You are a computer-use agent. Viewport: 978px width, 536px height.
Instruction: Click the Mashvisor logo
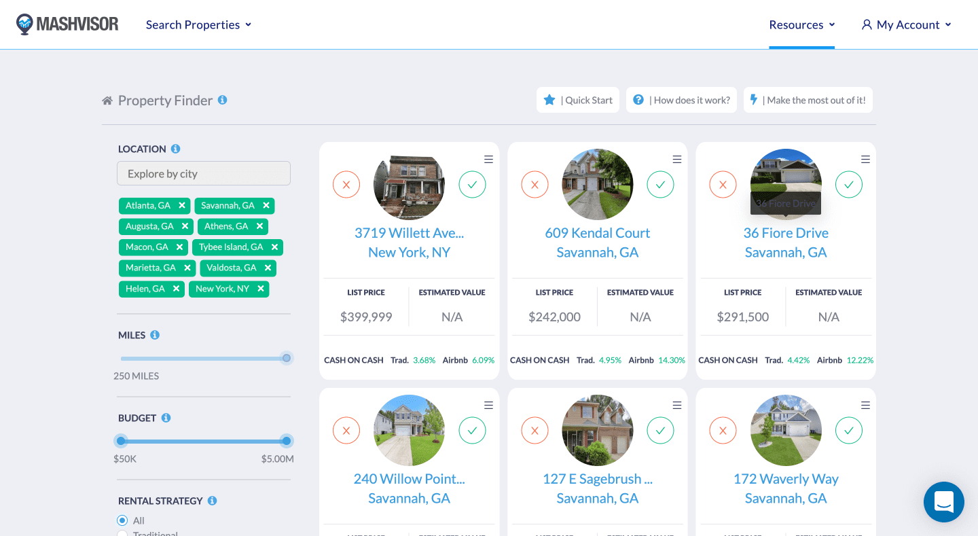[67, 24]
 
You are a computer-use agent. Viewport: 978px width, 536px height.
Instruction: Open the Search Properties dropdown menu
[198, 24]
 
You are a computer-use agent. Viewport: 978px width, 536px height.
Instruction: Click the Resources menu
[801, 24]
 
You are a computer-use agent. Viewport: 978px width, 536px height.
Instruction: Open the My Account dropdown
[907, 24]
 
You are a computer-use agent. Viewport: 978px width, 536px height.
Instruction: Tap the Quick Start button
[578, 100]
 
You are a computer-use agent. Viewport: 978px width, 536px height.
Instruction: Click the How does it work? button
[681, 100]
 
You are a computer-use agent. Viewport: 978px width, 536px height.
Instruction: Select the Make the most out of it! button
[808, 100]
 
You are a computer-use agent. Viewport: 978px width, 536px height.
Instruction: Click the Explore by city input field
[204, 173]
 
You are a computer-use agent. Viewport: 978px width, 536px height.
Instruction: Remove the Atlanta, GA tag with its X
[182, 205]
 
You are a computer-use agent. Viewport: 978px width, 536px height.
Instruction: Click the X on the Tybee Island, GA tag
[274, 247]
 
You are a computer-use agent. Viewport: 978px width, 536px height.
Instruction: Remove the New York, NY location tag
[261, 289]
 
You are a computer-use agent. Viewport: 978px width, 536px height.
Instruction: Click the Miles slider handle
[287, 358]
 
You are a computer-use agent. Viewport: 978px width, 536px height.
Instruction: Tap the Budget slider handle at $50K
[121, 441]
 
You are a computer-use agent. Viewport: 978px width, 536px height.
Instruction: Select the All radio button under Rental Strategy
[122, 520]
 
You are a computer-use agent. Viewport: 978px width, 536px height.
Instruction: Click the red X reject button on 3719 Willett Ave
[346, 184]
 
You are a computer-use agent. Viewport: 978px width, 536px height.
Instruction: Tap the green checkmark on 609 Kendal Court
[660, 184]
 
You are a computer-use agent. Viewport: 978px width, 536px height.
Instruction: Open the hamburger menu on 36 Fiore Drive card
[865, 159]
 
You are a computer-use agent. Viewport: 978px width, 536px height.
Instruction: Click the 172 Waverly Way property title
[786, 479]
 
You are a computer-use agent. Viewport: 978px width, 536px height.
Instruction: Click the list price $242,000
[554, 317]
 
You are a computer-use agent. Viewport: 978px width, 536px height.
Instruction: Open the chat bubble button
[944, 502]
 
